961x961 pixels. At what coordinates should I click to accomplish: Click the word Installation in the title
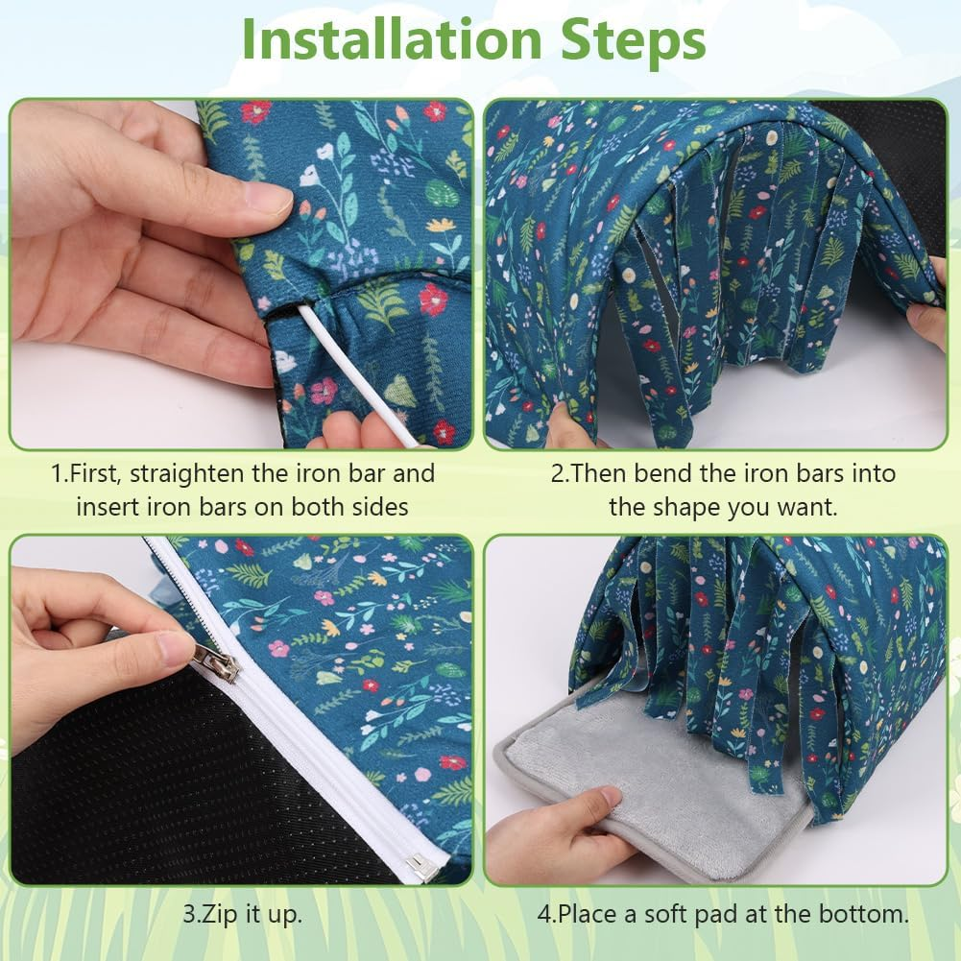click(x=392, y=39)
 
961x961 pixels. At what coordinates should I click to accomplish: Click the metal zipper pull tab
click(x=216, y=662)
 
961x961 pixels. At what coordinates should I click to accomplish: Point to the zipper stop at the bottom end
click(x=421, y=867)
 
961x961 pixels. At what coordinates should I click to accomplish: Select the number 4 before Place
click(x=544, y=914)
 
